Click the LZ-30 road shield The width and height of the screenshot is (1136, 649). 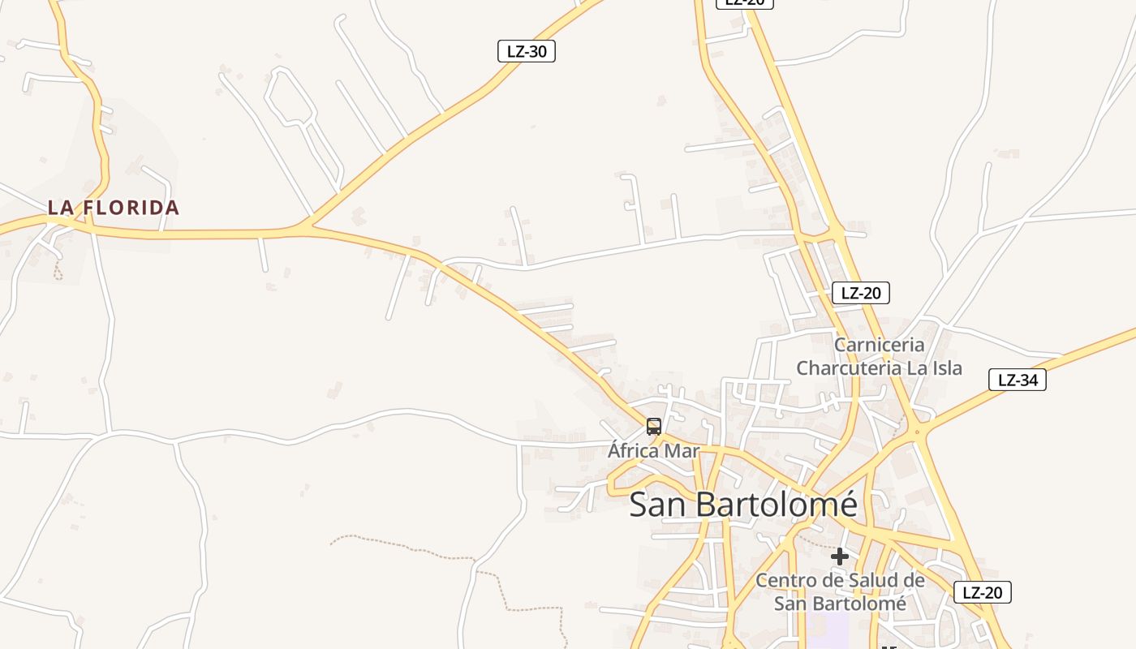click(527, 51)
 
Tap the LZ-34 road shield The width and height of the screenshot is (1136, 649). click(1018, 380)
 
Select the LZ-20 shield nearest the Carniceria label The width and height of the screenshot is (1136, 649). click(861, 293)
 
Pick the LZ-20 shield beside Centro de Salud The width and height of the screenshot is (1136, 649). click(982, 592)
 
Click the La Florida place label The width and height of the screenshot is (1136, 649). click(113, 208)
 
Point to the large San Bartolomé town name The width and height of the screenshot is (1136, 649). click(743, 505)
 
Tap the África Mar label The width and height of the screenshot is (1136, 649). click(653, 451)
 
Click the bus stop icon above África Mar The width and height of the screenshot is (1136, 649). click(654, 427)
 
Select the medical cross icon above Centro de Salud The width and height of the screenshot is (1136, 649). click(840, 557)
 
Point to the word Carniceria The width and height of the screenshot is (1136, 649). click(880, 345)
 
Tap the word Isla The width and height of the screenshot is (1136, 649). click(944, 368)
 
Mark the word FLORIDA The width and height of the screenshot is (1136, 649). click(131, 208)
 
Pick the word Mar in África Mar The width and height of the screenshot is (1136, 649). click(682, 451)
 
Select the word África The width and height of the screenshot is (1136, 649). click(636, 451)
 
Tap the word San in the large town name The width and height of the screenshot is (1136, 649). click(657, 505)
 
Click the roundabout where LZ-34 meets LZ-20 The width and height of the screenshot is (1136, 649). click(918, 432)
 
